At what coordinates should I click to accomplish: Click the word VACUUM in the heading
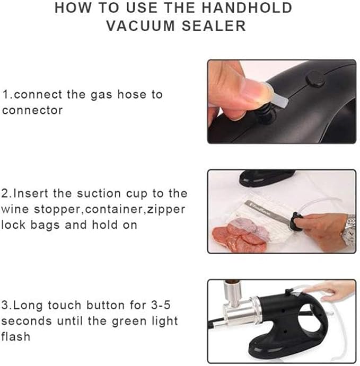(141, 25)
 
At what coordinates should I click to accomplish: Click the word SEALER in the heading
(214, 25)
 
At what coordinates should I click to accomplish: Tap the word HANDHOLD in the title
(247, 8)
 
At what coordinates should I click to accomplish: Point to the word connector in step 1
(32, 110)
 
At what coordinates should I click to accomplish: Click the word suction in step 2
(99, 193)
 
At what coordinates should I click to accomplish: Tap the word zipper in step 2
(166, 209)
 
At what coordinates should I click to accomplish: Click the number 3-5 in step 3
(161, 305)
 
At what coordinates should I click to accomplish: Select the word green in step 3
(130, 322)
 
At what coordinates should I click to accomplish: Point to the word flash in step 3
(16, 336)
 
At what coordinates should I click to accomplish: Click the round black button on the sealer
(315, 78)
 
